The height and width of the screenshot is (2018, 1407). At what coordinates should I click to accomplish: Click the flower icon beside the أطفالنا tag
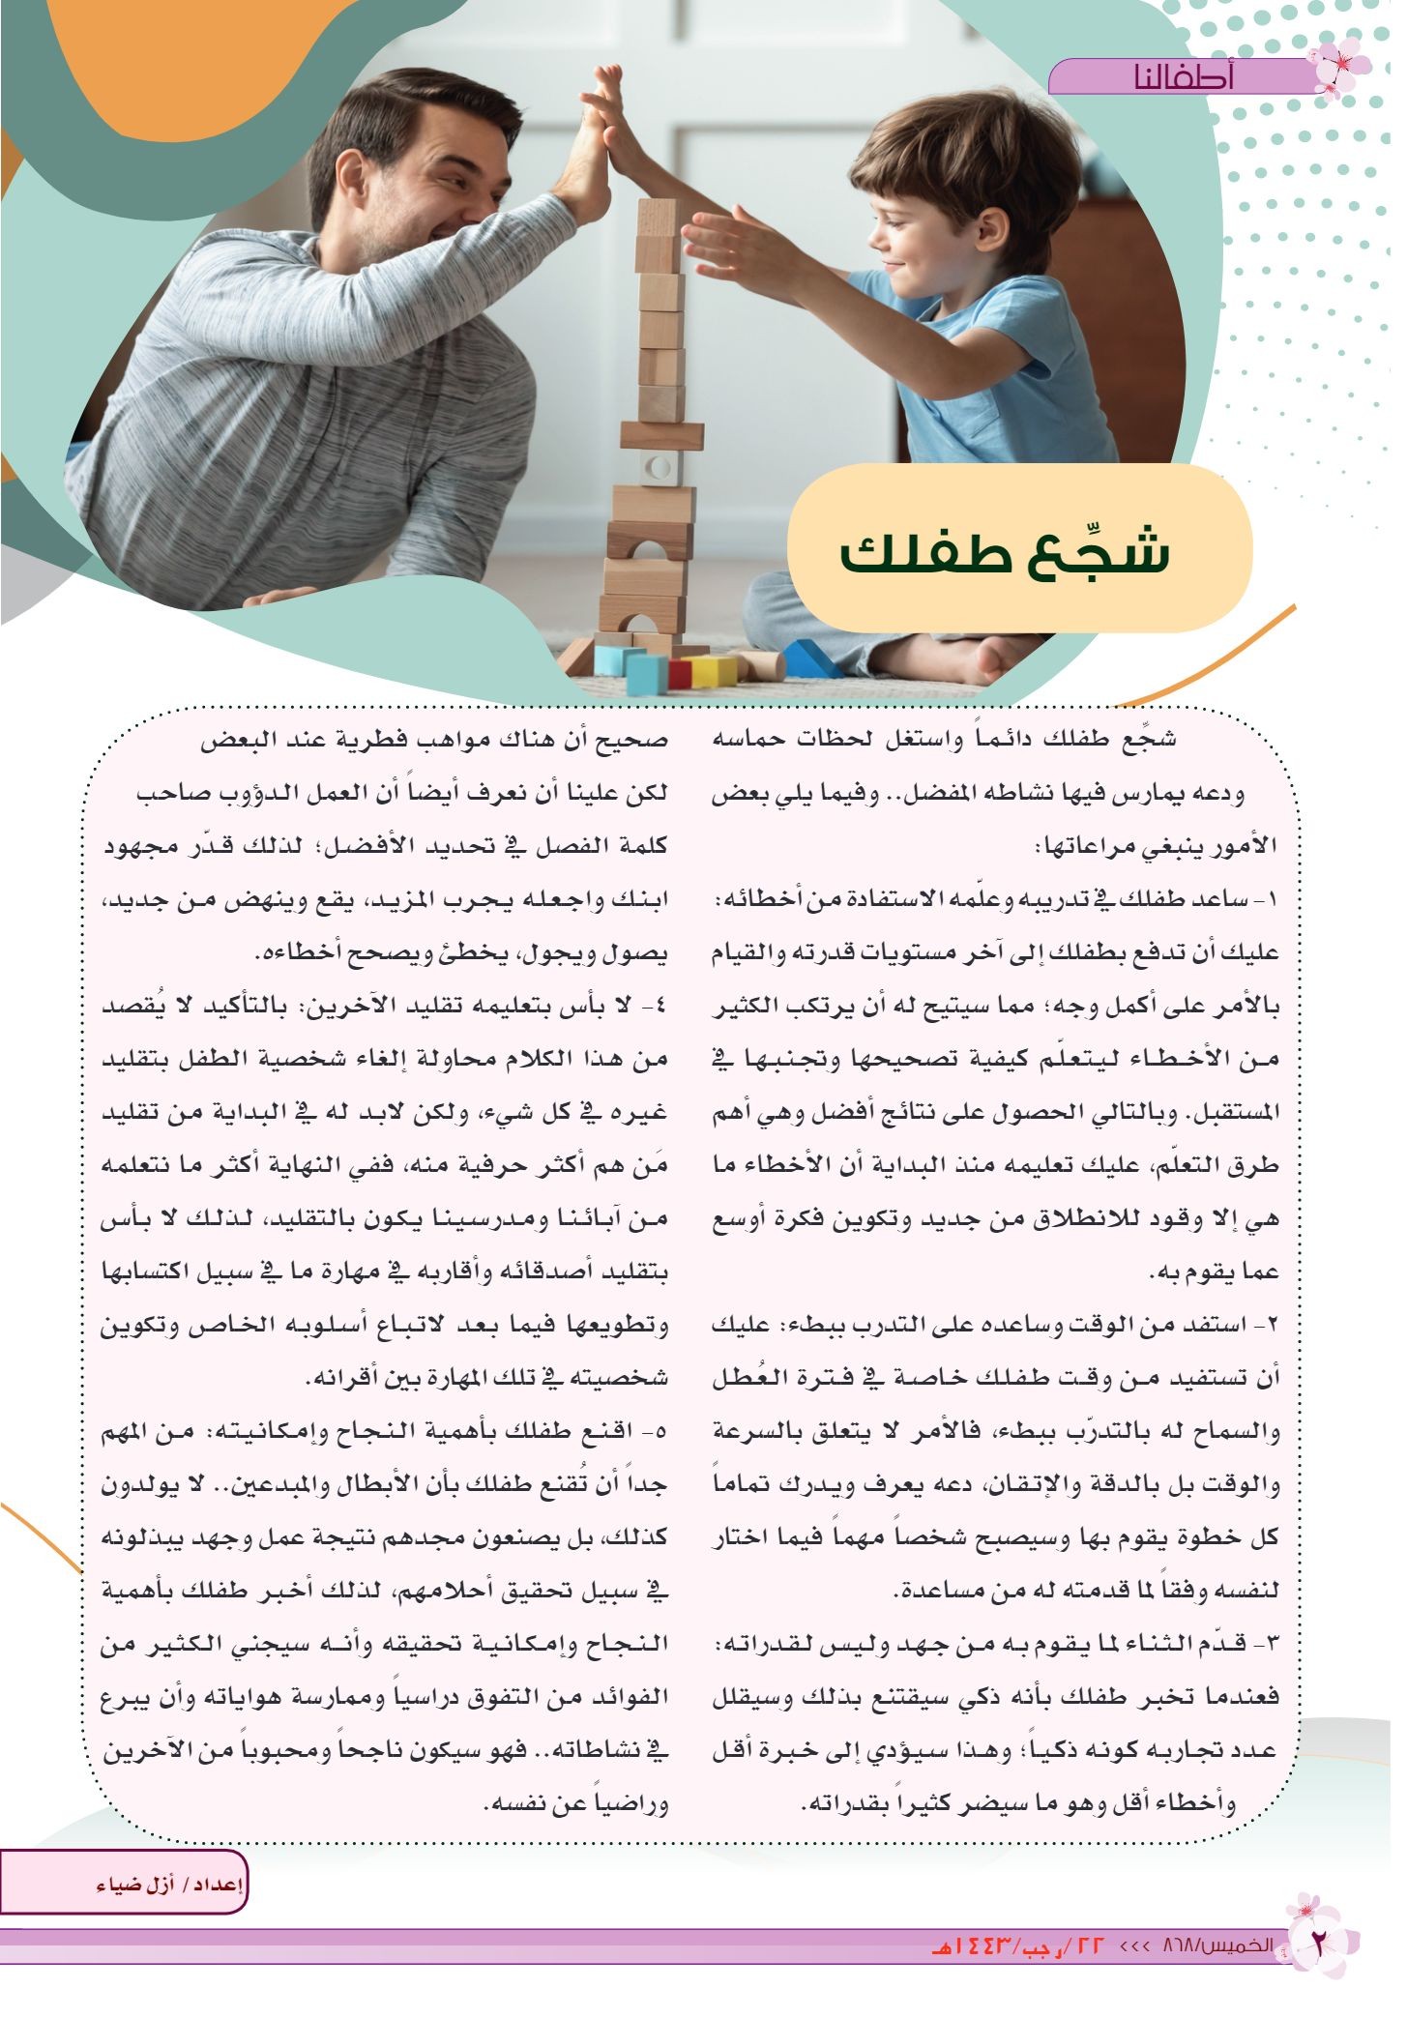(1339, 68)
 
